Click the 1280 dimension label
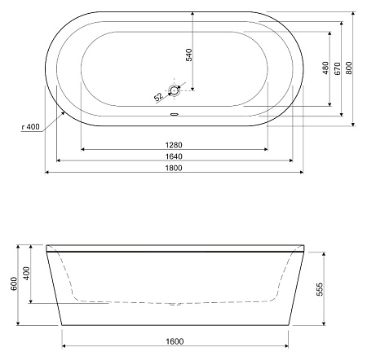coord(174,145)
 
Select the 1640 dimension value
coord(174,156)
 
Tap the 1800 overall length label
coord(174,168)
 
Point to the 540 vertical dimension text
coord(189,55)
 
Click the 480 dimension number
coord(325,68)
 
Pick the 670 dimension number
coord(337,68)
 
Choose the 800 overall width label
coord(349,68)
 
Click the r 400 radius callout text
coord(31,126)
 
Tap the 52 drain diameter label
coord(158,97)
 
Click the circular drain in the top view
coord(174,90)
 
